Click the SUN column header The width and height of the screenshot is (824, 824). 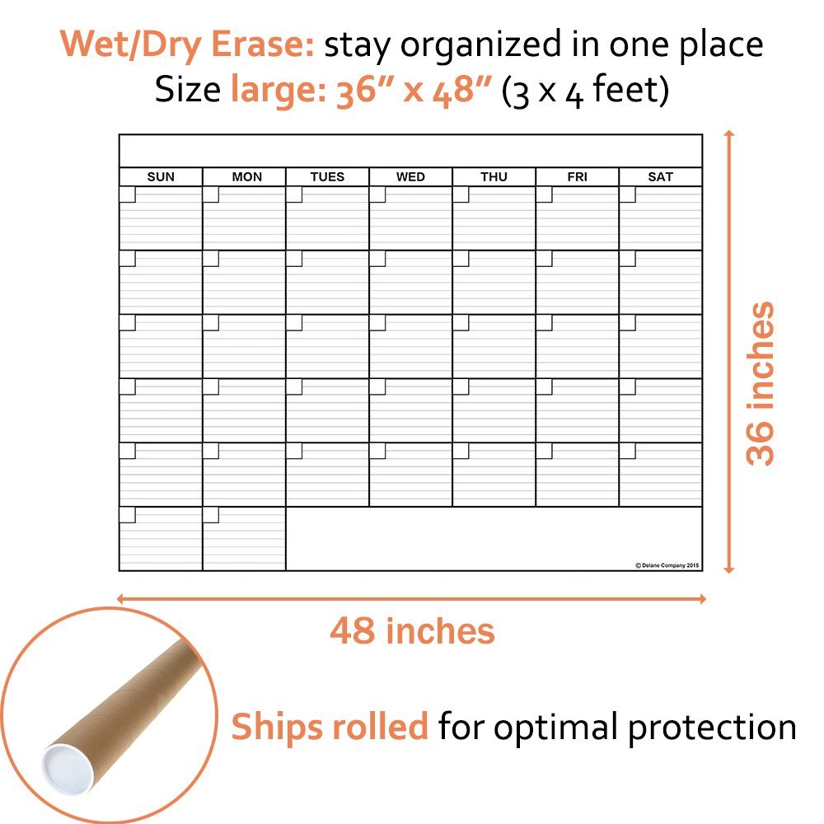point(161,177)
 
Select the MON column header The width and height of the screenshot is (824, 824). point(246,177)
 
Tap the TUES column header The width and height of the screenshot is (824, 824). point(327,177)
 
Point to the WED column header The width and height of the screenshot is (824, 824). point(410,177)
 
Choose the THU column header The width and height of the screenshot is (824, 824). point(494,177)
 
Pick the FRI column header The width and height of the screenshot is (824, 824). point(577,177)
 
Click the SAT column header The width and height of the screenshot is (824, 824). point(660,177)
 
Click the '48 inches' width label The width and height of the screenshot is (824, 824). point(412,631)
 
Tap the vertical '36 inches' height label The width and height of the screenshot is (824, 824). point(761,383)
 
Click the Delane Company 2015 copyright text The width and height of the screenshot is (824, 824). point(667,565)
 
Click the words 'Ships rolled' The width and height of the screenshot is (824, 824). point(330,727)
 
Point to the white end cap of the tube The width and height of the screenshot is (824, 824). point(62,766)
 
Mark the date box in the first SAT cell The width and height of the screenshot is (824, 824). point(627,194)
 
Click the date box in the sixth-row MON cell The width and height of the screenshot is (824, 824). point(211,515)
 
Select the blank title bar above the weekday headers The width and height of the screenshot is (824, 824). point(410,151)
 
